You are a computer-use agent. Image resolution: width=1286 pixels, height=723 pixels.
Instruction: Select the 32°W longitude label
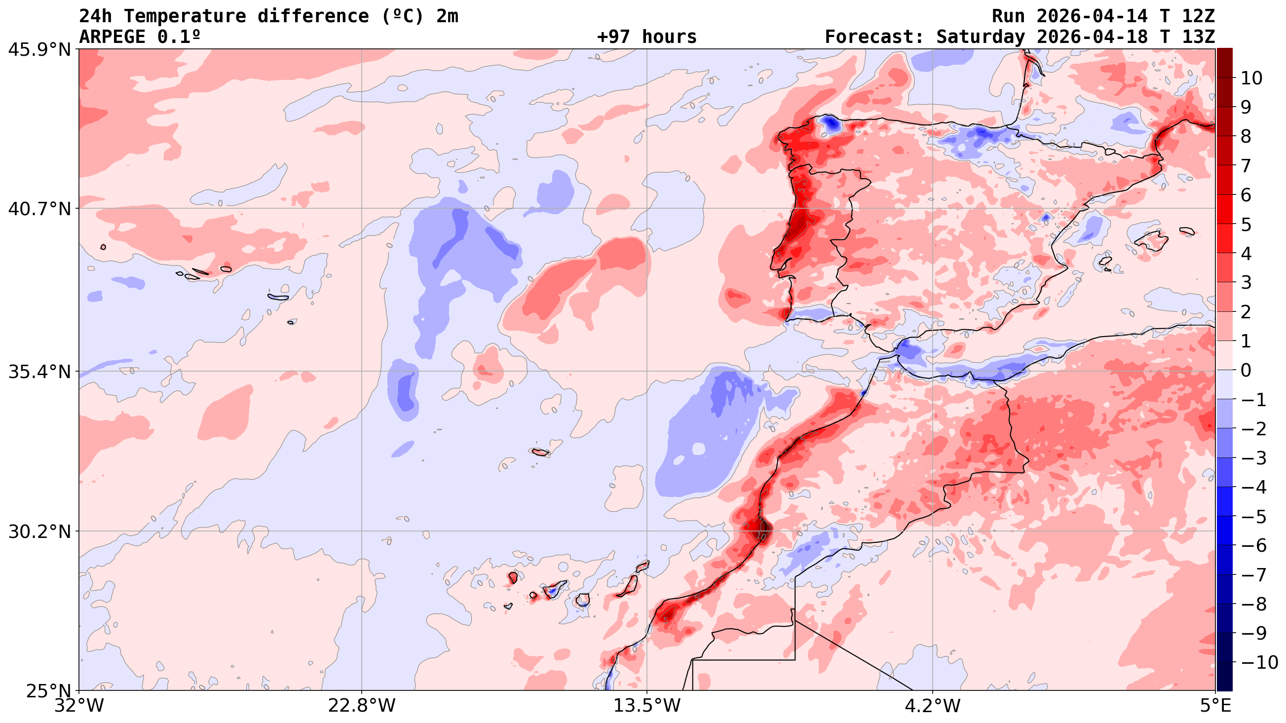pyautogui.click(x=79, y=706)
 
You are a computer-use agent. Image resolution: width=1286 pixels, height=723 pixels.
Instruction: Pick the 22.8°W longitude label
pyautogui.click(x=361, y=706)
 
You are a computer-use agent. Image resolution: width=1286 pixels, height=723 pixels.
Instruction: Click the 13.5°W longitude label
pyautogui.click(x=647, y=706)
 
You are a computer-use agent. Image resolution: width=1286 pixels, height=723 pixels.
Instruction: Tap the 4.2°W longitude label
pyautogui.click(x=933, y=706)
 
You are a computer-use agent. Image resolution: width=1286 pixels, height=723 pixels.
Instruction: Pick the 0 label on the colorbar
pyautogui.click(x=1246, y=371)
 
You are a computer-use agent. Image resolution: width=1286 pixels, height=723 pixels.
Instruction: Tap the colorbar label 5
pyautogui.click(x=1246, y=225)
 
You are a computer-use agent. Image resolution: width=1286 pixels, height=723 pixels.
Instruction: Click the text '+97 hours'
pyautogui.click(x=646, y=37)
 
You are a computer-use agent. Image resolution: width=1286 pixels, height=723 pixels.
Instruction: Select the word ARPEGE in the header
pyautogui.click(x=113, y=37)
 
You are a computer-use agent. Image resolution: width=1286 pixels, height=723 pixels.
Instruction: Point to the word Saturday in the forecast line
pyautogui.click(x=981, y=37)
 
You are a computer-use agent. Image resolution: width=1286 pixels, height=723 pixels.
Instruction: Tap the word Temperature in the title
pyautogui.click(x=185, y=16)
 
